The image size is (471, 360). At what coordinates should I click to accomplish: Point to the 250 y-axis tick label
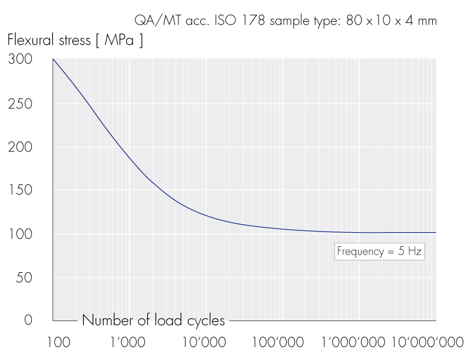[x=19, y=104]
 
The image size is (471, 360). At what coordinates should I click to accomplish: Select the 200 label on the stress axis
[x=19, y=147]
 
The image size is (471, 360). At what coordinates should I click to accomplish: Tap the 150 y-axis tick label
[x=19, y=190]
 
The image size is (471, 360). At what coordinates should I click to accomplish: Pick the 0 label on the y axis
[x=28, y=321]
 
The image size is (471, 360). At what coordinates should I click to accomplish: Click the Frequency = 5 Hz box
[x=379, y=252]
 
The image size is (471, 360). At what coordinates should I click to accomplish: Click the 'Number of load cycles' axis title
[x=153, y=321]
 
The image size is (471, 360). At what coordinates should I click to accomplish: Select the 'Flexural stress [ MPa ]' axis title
[x=75, y=41]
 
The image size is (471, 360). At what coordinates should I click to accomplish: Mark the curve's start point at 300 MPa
[x=53, y=60]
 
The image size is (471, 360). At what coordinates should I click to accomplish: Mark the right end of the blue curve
[x=436, y=232]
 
